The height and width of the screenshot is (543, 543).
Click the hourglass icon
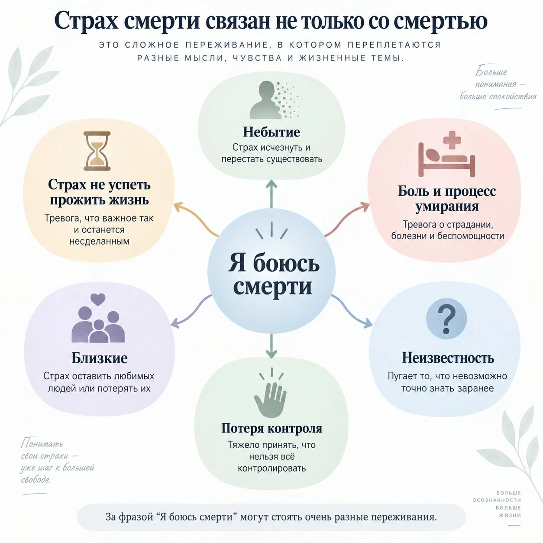click(97, 151)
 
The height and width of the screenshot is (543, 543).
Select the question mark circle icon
click(446, 319)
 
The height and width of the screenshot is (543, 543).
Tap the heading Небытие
click(271, 132)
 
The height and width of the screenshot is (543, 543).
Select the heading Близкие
click(99, 358)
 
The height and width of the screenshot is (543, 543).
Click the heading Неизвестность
click(448, 358)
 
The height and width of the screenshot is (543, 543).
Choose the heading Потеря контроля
click(271, 428)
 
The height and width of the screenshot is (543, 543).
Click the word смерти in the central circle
click(272, 286)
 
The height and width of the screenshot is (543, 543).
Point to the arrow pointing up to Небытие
click(271, 194)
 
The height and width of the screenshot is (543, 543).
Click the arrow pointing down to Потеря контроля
click(271, 346)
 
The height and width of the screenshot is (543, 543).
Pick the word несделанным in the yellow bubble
click(99, 242)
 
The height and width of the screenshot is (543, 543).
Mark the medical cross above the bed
click(452, 140)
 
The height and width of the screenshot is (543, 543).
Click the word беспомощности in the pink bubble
click(471, 236)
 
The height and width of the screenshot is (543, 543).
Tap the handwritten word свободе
click(36, 480)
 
